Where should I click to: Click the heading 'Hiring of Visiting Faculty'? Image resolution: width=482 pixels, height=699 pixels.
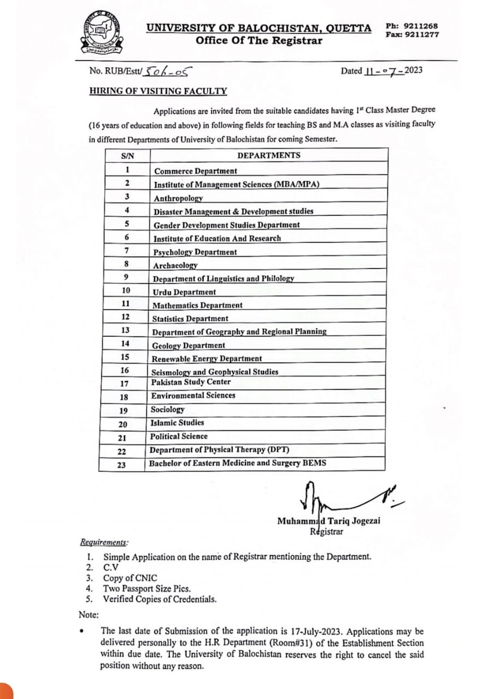coord(158,92)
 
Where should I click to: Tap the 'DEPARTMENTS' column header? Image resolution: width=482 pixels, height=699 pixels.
coord(268,156)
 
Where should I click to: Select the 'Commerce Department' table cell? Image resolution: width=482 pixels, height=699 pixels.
coord(196,171)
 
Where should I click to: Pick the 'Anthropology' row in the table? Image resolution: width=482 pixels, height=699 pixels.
coord(178,198)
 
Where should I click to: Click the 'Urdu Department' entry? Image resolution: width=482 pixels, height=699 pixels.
coord(184,292)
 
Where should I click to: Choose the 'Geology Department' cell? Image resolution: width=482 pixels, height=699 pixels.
coord(188,345)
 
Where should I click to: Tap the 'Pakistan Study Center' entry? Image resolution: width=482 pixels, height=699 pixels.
coord(191,382)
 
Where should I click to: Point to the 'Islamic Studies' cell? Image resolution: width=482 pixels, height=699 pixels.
coord(177,423)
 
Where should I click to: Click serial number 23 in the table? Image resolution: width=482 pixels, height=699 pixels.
coord(121,465)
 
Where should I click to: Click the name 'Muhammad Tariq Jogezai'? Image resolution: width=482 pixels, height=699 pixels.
coord(328,521)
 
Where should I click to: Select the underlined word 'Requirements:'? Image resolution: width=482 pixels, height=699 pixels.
coord(104,542)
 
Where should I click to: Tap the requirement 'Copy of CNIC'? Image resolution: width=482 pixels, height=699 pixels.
coord(130,578)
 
